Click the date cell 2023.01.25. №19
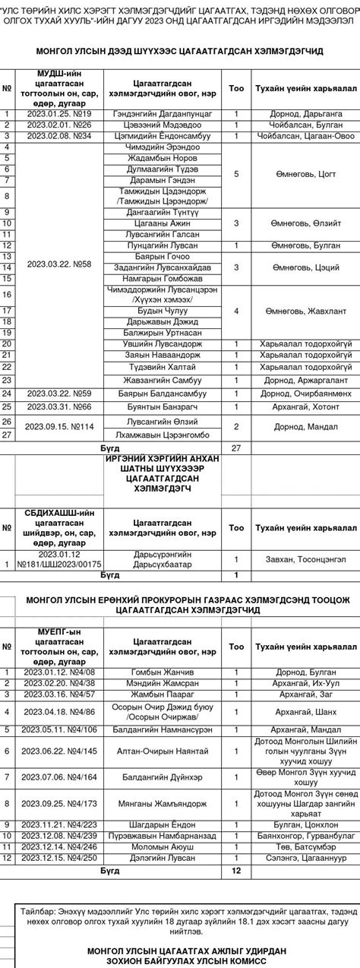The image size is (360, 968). pyautogui.click(x=59, y=114)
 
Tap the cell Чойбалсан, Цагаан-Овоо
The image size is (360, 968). pyautogui.click(x=305, y=136)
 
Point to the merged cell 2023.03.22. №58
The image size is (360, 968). pyautogui.click(x=59, y=264)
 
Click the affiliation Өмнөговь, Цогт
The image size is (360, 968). pyautogui.click(x=305, y=174)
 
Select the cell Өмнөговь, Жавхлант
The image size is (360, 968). pyautogui.click(x=305, y=312)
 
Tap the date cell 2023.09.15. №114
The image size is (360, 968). pyautogui.click(x=59, y=426)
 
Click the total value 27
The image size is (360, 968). pyautogui.click(x=235, y=448)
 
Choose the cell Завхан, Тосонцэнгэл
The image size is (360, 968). pyautogui.click(x=305, y=563)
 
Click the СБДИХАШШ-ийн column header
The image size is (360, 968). pyautogui.click(x=59, y=527)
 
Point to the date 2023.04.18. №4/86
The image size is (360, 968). pyautogui.click(x=59, y=712)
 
